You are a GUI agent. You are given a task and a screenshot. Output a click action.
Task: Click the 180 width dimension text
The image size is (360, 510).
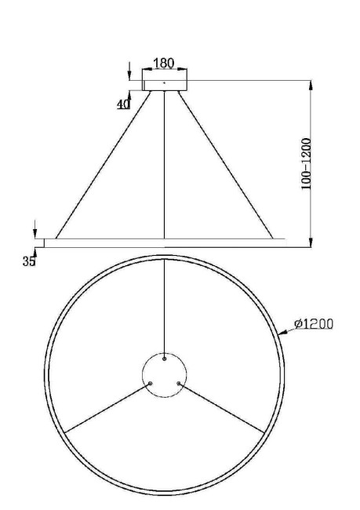point(163,64)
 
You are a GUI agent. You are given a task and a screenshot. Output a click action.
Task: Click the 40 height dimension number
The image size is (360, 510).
point(123,104)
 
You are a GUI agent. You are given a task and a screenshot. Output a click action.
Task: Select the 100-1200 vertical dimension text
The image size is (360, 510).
point(307,163)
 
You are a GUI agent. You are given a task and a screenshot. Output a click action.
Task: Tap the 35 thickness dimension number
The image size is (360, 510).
point(28,262)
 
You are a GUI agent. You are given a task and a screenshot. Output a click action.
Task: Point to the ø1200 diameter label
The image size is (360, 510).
point(314,323)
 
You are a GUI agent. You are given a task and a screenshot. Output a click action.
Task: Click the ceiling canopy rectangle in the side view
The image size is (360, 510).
point(164,82)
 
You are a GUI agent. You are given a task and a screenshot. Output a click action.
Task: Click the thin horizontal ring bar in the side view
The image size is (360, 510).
point(164,242)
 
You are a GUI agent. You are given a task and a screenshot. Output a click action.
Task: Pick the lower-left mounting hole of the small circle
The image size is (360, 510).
point(149,384)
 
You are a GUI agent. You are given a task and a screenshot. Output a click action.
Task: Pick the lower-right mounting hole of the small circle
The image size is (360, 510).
point(180,384)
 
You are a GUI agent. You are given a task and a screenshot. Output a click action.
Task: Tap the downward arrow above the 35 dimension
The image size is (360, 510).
point(35,233)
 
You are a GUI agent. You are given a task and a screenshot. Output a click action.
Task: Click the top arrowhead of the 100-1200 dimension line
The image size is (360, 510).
point(311,83)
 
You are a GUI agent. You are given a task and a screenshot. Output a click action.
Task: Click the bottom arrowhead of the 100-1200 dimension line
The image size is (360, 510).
point(311,242)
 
